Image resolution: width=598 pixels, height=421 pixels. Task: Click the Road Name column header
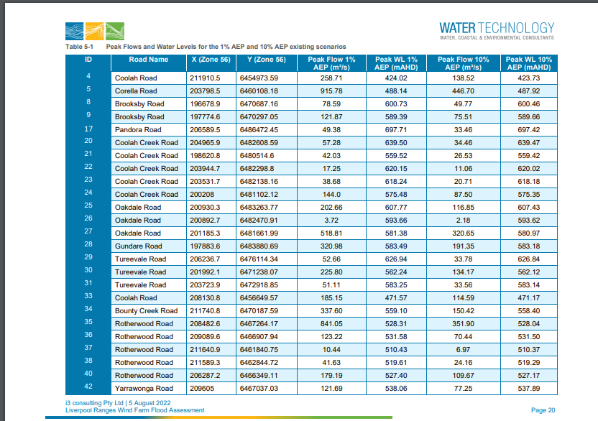point(148,60)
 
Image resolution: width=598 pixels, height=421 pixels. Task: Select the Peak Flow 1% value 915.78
point(331,91)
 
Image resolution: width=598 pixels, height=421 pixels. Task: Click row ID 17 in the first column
point(88,129)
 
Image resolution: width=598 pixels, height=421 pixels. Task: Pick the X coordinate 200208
point(202,195)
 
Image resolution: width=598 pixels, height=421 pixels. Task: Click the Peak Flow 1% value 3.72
point(331,221)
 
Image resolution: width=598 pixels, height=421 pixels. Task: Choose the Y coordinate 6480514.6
point(257,156)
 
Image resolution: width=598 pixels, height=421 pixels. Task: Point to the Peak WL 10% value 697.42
point(528,130)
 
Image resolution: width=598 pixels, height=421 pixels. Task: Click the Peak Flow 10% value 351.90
point(463,324)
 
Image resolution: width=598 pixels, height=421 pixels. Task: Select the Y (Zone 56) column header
point(266,60)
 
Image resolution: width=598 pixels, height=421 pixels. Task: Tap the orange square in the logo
point(95,31)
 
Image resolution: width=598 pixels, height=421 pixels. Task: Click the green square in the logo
point(115,31)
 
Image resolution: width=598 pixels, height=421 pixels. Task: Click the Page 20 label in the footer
point(543,410)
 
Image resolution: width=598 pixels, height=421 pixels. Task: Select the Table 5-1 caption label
point(79,47)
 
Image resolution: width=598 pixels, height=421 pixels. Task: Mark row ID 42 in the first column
point(88,387)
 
